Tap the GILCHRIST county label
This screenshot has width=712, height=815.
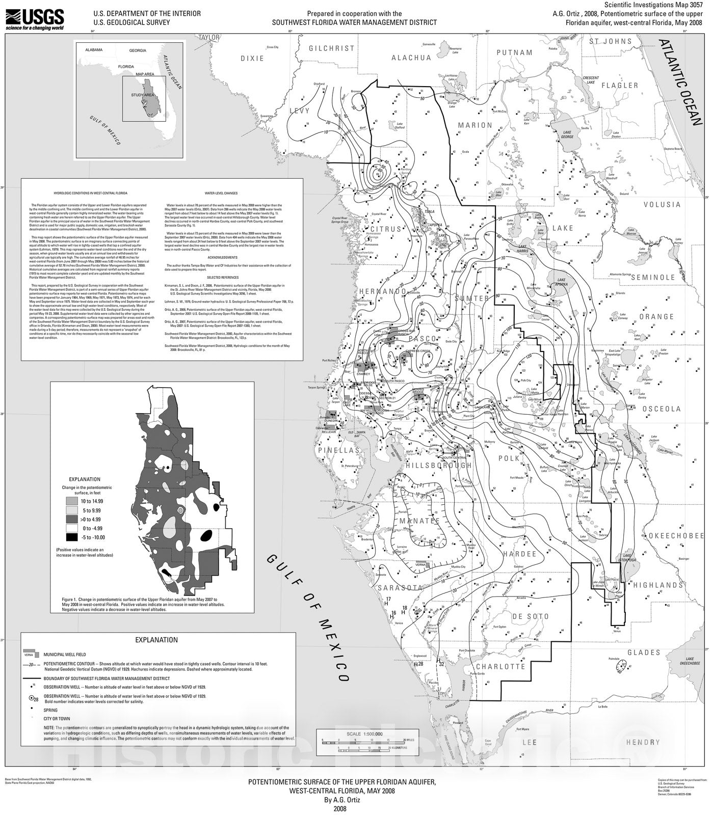click(332, 48)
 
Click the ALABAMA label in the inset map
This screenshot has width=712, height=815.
click(94, 50)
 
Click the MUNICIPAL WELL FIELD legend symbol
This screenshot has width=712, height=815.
click(33, 654)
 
